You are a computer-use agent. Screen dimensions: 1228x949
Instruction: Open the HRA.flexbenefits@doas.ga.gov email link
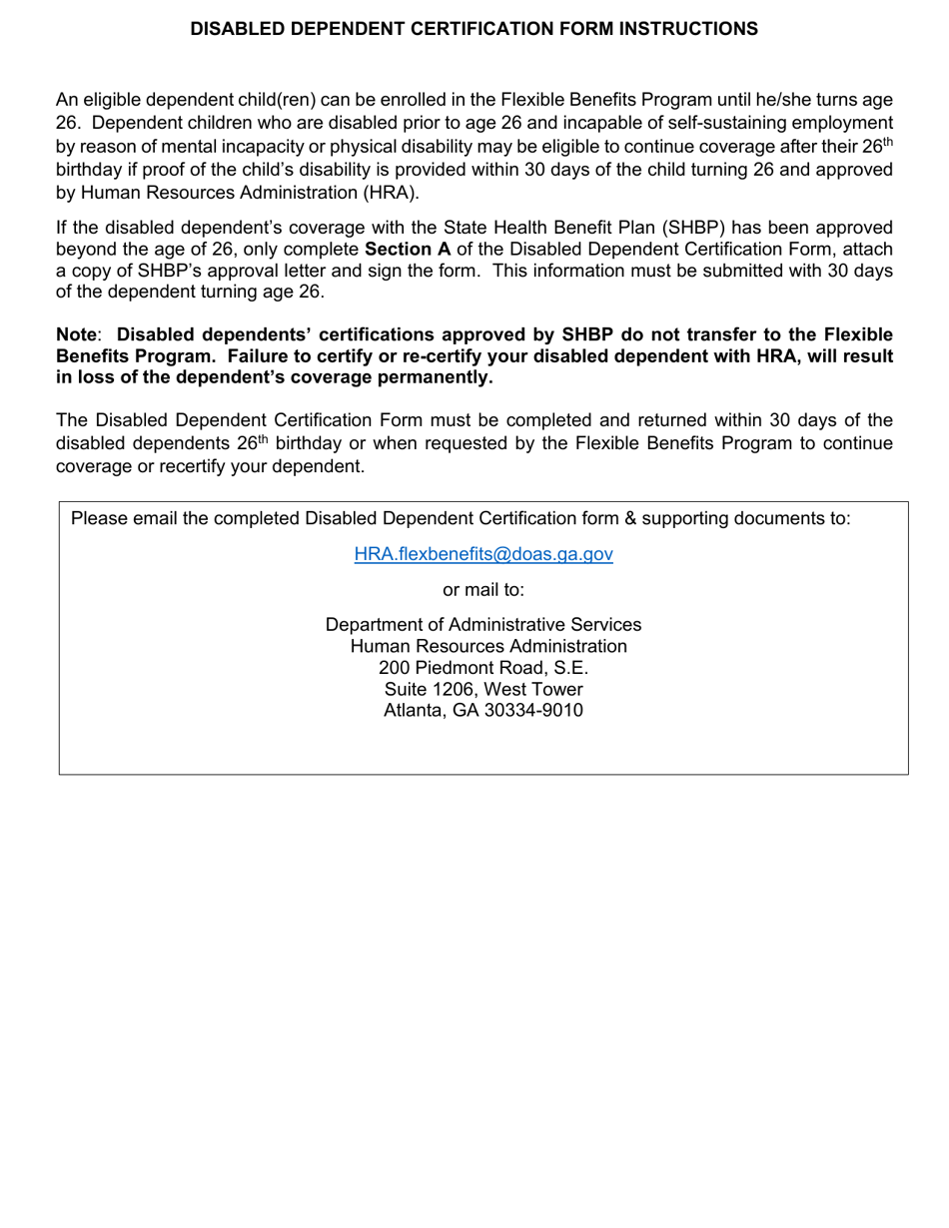pos(483,554)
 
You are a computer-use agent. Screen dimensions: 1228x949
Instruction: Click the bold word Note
pos(76,334)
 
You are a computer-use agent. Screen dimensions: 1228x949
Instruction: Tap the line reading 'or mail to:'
pos(483,589)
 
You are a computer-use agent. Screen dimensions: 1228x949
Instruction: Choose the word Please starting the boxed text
pos(101,518)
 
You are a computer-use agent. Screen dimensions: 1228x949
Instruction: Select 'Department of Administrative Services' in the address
pos(483,625)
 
